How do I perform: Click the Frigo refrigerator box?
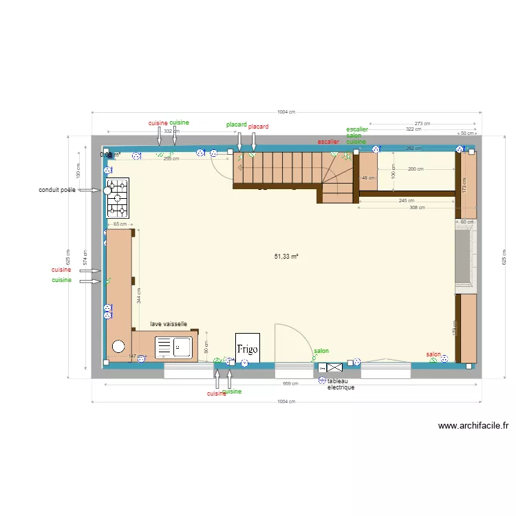(x=247, y=349)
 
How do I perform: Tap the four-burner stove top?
(x=117, y=198)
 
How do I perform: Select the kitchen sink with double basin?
(x=175, y=347)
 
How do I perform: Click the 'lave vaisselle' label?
(x=169, y=323)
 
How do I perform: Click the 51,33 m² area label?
(x=286, y=256)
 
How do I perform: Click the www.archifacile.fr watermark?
(x=473, y=426)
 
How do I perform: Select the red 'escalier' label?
(x=328, y=142)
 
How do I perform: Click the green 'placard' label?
(x=236, y=125)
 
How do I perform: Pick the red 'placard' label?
(x=258, y=127)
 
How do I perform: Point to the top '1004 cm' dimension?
(x=286, y=112)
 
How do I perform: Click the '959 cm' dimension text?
(x=290, y=384)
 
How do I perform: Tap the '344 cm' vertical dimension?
(x=138, y=296)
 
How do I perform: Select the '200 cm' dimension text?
(x=416, y=169)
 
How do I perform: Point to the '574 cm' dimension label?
(x=85, y=256)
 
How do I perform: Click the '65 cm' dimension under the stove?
(x=119, y=224)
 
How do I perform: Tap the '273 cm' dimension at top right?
(x=422, y=124)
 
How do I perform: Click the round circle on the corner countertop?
(x=118, y=347)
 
